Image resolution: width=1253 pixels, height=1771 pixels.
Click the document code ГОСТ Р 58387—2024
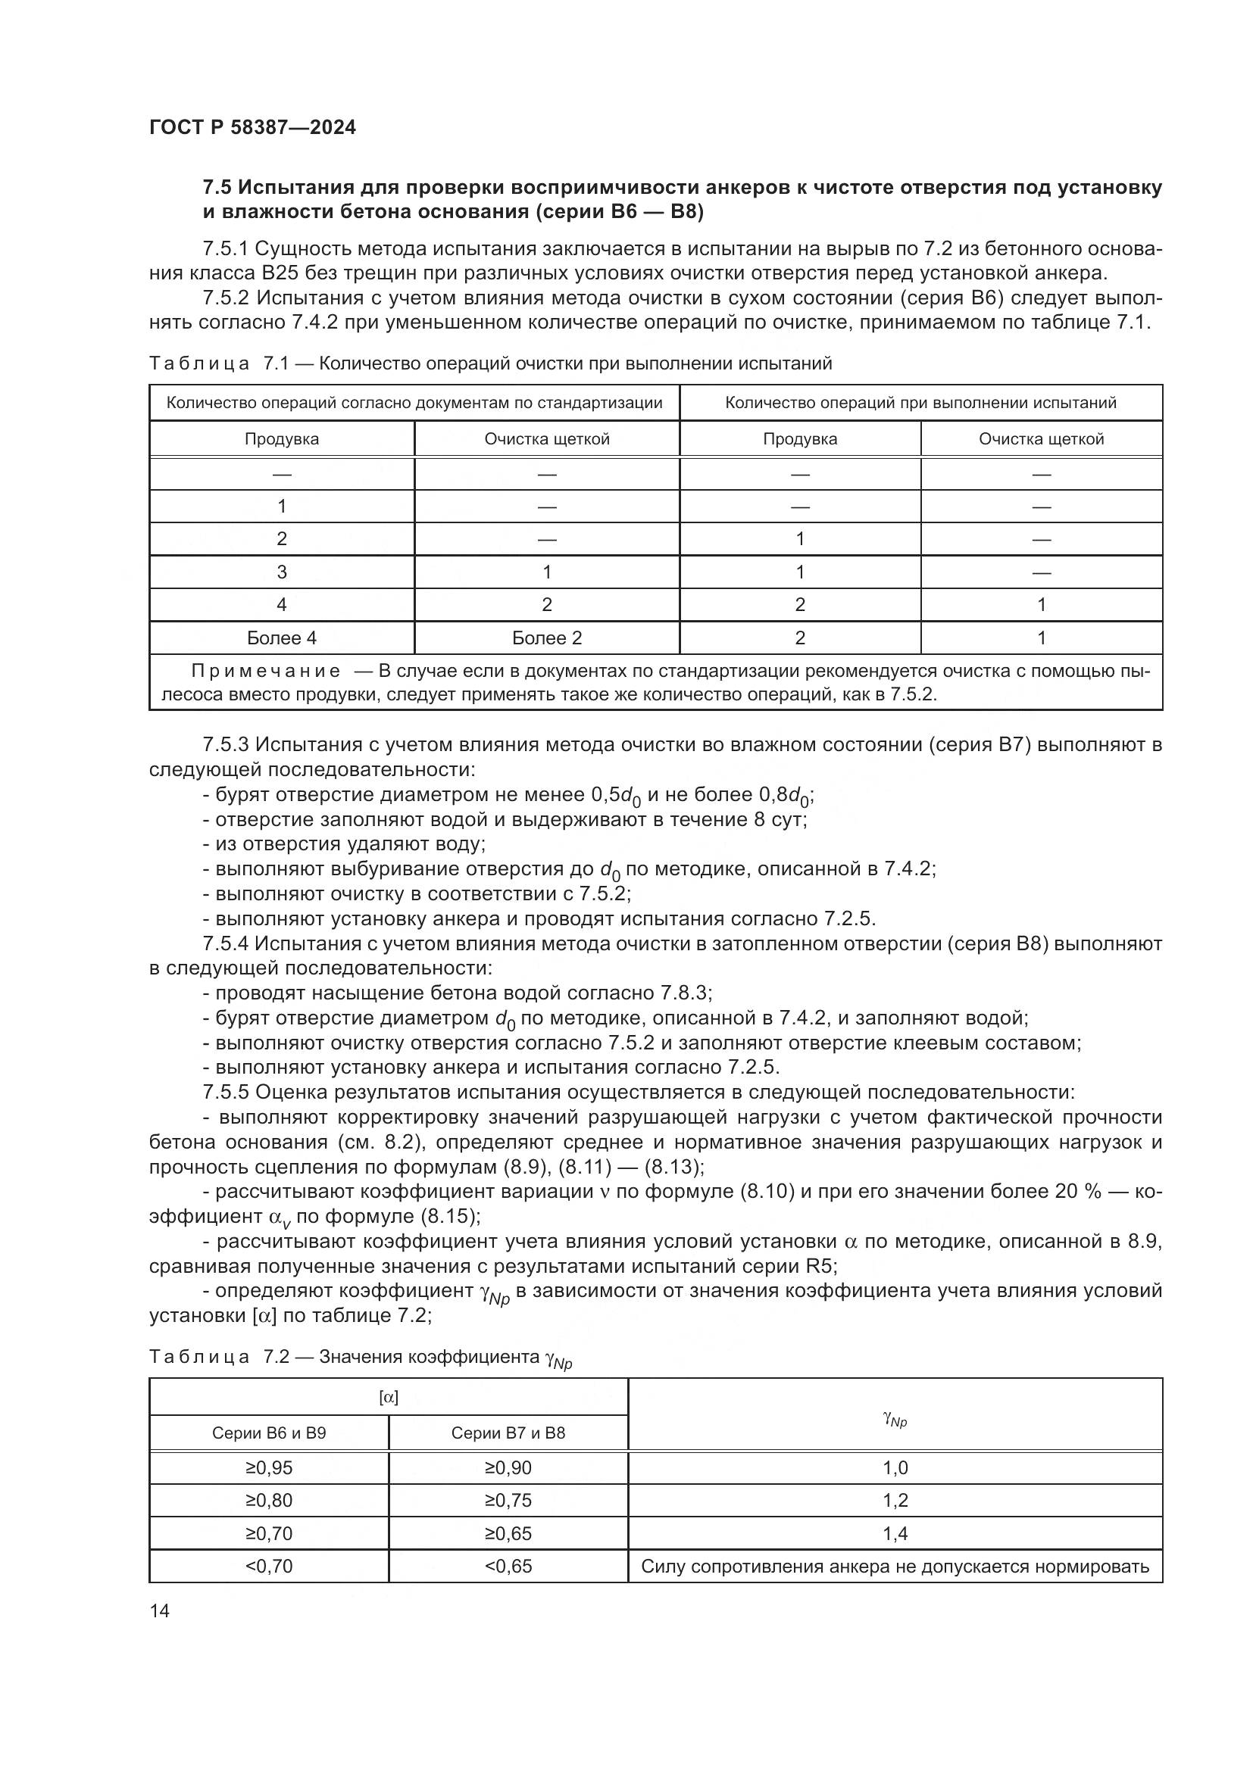tap(252, 127)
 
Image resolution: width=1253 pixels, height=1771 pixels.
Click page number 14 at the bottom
tap(160, 1611)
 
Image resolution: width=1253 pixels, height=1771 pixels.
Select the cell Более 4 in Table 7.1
tap(282, 638)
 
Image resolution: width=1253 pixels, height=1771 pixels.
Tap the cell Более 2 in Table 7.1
tap(547, 638)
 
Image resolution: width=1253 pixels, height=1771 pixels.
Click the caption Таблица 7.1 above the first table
tap(218, 363)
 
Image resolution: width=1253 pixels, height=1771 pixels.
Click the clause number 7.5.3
tap(226, 745)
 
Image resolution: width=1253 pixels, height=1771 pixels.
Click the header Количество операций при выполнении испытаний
tap(920, 403)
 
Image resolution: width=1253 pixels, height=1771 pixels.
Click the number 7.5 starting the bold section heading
tap(217, 189)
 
